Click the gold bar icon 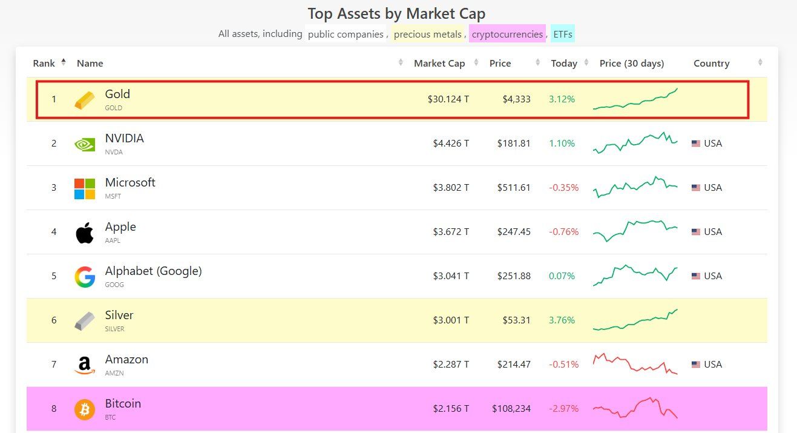[x=85, y=100]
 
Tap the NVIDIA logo [x=85, y=144]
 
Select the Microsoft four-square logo [x=85, y=188]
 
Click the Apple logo [x=85, y=233]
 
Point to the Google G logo [x=85, y=277]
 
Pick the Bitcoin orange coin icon [x=85, y=409]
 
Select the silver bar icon [x=85, y=321]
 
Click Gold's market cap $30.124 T [x=448, y=99]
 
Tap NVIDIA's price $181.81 [x=514, y=144]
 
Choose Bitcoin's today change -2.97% [x=563, y=409]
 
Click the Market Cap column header [x=439, y=64]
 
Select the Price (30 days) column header [x=632, y=64]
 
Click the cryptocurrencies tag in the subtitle [x=507, y=35]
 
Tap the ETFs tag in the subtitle [x=562, y=35]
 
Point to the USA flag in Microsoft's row [x=696, y=188]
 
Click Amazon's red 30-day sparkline [x=635, y=364]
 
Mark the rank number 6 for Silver [x=54, y=320]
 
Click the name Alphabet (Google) [x=153, y=271]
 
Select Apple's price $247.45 [x=514, y=232]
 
